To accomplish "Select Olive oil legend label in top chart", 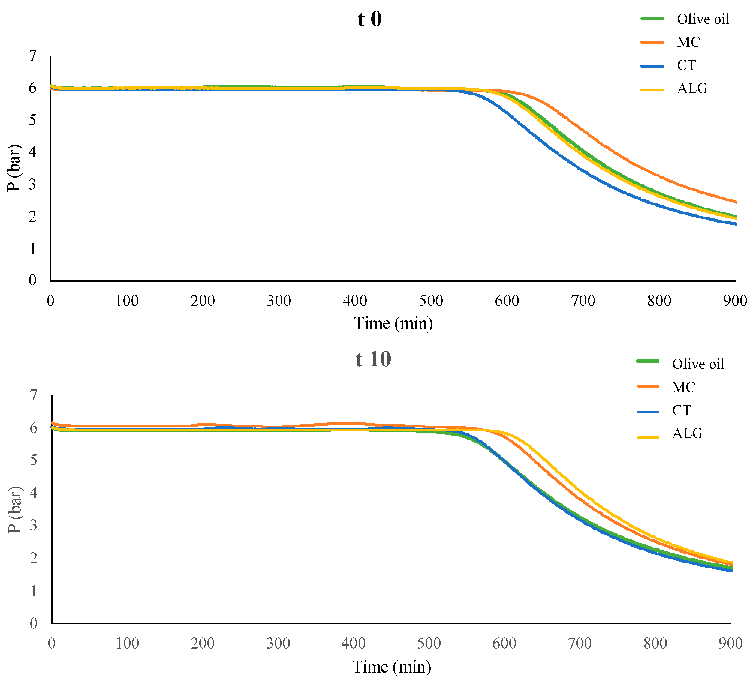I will pyautogui.click(x=703, y=19).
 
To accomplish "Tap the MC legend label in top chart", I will pyautogui.click(x=688, y=42).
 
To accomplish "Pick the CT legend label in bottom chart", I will pyautogui.click(x=681, y=410).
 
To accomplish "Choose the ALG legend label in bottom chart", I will pyautogui.click(x=687, y=433).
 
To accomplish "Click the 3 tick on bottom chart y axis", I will pyautogui.click(x=34, y=525).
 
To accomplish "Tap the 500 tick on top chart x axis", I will pyautogui.click(x=431, y=301).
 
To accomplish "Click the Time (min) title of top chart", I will pyautogui.click(x=393, y=323).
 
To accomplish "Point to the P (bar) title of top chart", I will pyautogui.click(x=14, y=168).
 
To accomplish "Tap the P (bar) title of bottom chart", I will pyautogui.click(x=15, y=510).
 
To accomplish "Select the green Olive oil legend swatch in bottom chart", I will pyautogui.click(x=648, y=361).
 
